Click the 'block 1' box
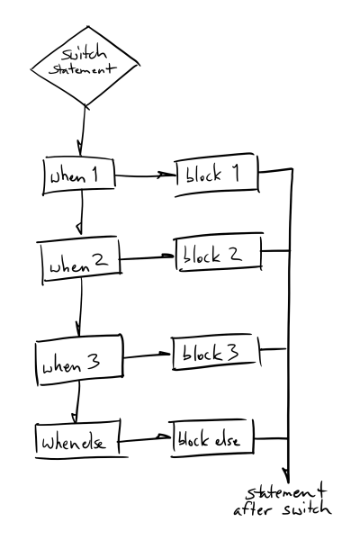click(217, 175)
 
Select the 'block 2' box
click(217, 255)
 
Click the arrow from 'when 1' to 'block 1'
click(148, 176)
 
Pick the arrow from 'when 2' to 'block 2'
click(147, 258)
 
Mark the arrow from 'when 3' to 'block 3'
click(148, 355)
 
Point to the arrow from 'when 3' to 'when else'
click(77, 400)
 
